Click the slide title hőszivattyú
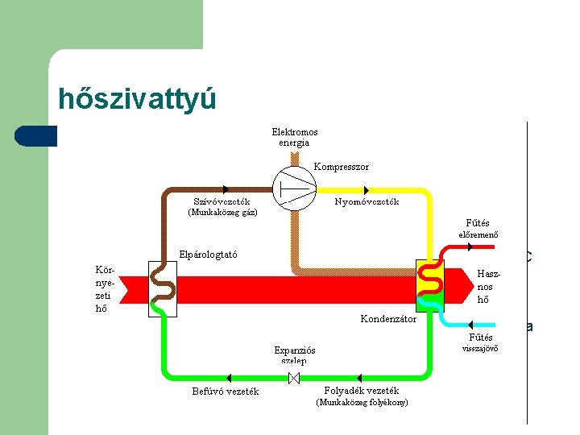click(137, 99)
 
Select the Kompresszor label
click(342, 167)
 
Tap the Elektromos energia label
click(294, 137)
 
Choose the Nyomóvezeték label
click(367, 202)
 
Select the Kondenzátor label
click(388, 319)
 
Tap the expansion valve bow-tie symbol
click(296, 378)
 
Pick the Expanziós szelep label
click(295, 355)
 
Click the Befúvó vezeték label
click(225, 391)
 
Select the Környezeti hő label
click(106, 288)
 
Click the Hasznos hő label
click(485, 286)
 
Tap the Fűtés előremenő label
click(478, 229)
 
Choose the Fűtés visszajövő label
click(478, 343)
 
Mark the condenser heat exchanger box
click(429, 285)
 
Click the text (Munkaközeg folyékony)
click(362, 402)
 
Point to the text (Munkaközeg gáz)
click(222, 213)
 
